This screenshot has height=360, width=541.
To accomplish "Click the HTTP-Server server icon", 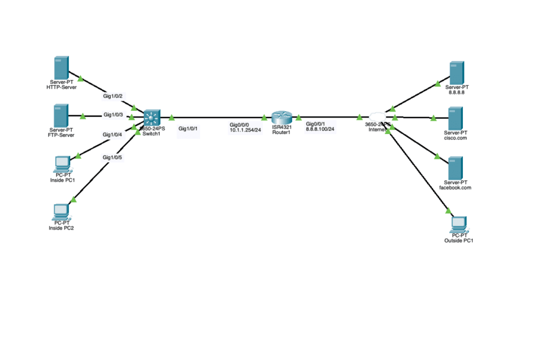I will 61,68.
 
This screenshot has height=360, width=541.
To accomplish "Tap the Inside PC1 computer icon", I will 62,164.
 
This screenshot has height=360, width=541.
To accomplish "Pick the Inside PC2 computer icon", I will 61,211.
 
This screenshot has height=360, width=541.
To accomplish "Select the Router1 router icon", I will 282,117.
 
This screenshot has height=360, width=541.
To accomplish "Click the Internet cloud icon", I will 377,116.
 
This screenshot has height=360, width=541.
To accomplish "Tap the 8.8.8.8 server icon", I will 456,72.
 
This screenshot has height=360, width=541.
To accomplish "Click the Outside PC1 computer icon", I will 459,224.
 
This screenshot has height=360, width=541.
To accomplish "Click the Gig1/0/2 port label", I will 113,96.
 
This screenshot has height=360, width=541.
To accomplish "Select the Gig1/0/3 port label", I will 113,115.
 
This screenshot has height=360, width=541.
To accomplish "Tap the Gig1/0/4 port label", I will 112,135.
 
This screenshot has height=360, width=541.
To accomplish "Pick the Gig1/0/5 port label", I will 112,157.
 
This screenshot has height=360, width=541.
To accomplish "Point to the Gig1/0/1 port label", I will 188,128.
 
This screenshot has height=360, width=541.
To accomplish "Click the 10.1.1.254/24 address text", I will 245,130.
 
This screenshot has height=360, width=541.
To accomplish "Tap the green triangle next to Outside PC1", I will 449,211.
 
